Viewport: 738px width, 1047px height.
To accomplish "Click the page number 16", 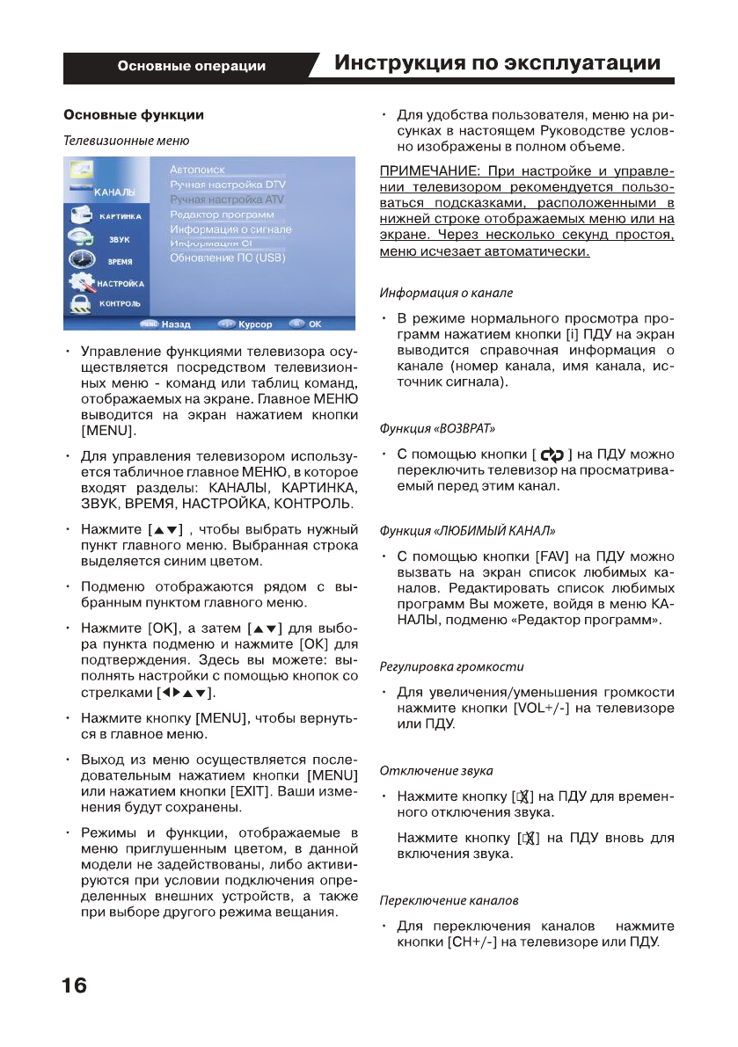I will tap(75, 986).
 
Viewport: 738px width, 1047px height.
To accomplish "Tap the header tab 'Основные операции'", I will tap(191, 66).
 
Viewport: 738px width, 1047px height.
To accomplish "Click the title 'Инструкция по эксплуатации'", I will tap(497, 63).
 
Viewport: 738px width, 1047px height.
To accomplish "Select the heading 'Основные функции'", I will tap(132, 114).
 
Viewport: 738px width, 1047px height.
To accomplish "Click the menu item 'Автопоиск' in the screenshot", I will tap(197, 170).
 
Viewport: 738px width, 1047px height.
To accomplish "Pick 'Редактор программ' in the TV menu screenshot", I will tap(222, 214).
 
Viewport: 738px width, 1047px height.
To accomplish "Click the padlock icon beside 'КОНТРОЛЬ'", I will tap(80, 303).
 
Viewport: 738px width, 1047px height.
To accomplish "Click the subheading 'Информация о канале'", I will tap(446, 292).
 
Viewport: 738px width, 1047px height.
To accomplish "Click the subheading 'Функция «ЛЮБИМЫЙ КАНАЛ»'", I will tap(467, 531).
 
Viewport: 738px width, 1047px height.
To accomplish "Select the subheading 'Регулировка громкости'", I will tap(451, 665).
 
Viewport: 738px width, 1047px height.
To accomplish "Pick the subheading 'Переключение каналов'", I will tap(449, 900).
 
